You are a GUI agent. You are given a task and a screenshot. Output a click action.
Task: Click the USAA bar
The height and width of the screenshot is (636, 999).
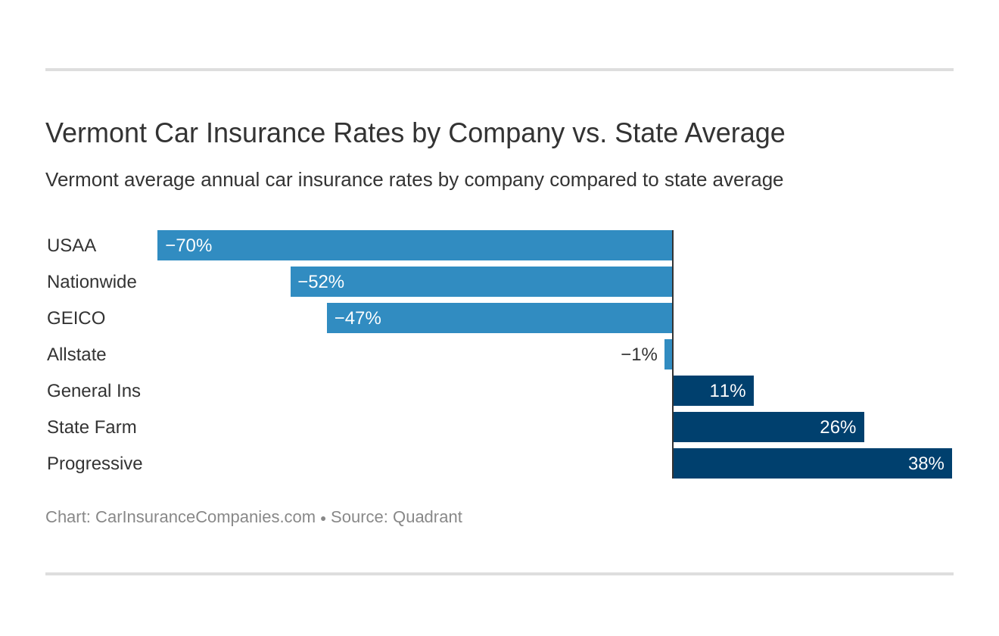415,245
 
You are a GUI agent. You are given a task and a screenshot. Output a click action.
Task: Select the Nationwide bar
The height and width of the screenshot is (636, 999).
481,282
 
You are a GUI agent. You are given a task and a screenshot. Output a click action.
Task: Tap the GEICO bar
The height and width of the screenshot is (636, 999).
499,318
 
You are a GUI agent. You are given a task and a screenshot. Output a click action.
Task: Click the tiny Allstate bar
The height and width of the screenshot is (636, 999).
668,354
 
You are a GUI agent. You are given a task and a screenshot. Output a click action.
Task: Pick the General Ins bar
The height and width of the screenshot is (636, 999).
713,391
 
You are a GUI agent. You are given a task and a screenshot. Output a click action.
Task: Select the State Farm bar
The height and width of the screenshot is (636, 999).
768,427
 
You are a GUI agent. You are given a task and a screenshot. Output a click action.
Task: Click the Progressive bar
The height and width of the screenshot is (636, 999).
812,463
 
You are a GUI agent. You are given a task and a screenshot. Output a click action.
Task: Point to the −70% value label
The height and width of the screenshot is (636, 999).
188,245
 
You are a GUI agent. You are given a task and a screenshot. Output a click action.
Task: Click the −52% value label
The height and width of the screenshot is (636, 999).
321,282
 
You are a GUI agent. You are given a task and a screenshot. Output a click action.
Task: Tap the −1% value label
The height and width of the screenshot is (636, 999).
639,354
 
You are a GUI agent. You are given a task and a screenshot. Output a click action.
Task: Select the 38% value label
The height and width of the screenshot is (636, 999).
926,463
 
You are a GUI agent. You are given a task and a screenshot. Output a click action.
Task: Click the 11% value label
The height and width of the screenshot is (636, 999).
727,391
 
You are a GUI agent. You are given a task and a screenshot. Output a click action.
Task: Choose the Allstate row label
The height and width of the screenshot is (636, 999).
76,354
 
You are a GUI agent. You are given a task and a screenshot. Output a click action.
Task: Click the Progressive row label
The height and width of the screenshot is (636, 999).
95,463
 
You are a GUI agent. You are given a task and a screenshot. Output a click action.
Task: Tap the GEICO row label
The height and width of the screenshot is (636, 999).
76,318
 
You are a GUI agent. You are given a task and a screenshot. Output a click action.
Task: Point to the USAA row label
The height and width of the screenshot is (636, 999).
71,245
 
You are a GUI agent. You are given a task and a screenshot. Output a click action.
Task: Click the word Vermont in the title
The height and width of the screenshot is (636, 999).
95,133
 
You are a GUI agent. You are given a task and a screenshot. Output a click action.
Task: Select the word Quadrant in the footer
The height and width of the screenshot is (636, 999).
427,517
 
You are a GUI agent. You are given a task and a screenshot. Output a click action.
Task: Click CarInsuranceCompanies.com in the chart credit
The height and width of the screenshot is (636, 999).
205,517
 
